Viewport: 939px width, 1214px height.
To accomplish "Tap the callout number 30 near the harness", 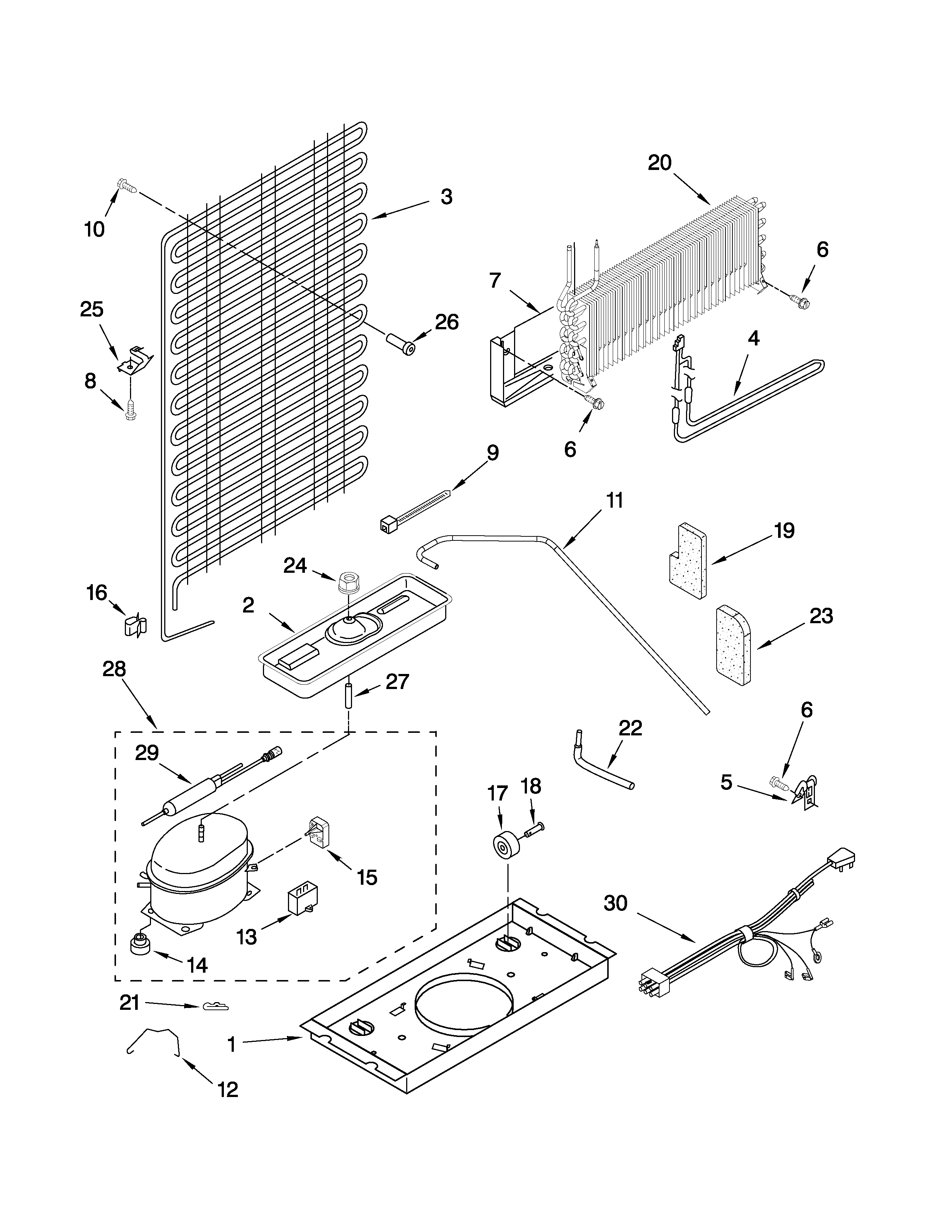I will (x=615, y=903).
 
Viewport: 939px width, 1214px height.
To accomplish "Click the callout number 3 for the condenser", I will (x=447, y=197).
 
